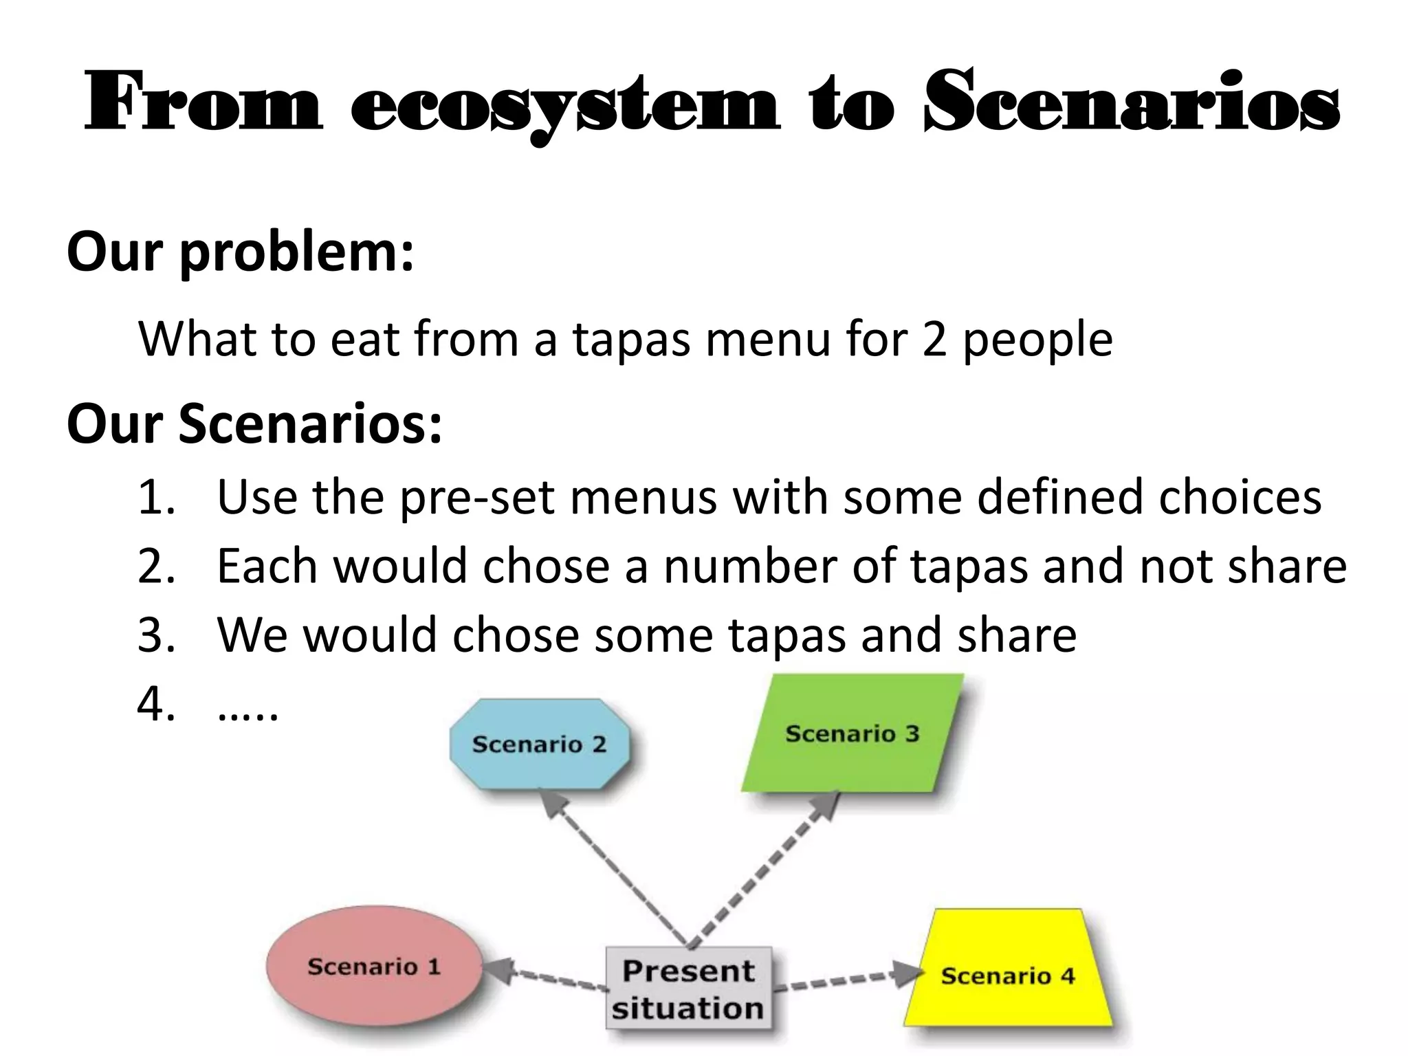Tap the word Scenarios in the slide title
[x=1131, y=103]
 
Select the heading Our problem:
[x=241, y=252]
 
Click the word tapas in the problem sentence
[x=630, y=340]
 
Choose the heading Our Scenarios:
[x=254, y=423]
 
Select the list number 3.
[x=155, y=635]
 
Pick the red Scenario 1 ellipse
[x=374, y=966]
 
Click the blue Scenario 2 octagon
[x=539, y=744]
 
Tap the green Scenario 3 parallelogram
[x=852, y=734]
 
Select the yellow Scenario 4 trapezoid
[x=1008, y=975]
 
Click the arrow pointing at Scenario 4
[x=846, y=980]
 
